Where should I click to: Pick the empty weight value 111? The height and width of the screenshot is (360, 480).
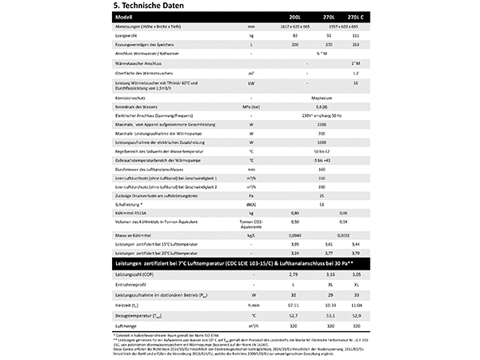click(354, 36)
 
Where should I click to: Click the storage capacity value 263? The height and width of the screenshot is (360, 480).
click(354, 45)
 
